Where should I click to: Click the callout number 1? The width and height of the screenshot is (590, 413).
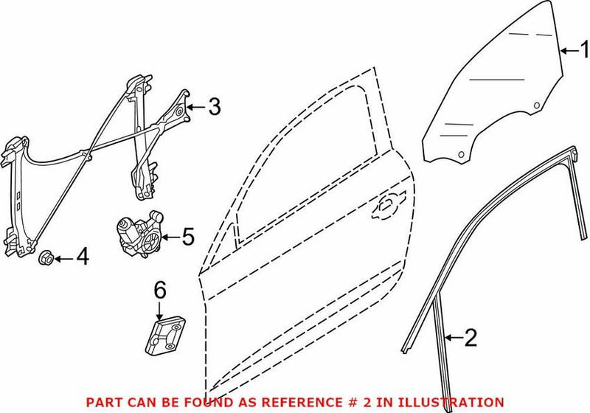coord(582,50)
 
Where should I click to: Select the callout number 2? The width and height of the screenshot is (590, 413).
coord(470,339)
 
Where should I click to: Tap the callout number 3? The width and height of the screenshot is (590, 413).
coord(213,108)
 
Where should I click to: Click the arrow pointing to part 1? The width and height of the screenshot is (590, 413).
coord(566,50)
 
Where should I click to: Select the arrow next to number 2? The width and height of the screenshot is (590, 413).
coord(451,339)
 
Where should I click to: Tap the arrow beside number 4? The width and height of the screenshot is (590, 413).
coord(63,257)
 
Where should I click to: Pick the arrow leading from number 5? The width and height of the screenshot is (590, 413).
coord(169,237)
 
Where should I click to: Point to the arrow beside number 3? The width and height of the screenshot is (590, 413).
coord(194,108)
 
